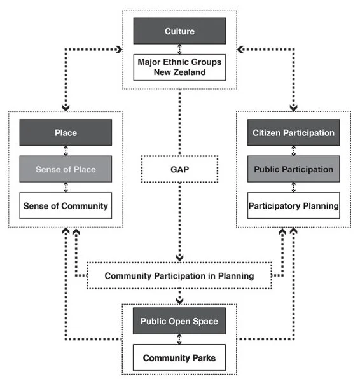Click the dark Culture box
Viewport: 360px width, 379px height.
tap(179, 31)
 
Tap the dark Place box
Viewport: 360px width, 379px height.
tap(66, 133)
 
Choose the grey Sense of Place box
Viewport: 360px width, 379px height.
tap(66, 169)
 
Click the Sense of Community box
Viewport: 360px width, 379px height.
tap(66, 205)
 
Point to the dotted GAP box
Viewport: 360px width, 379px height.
tap(180, 170)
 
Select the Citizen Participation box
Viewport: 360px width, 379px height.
tap(294, 133)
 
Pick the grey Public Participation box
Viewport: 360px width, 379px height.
tap(294, 169)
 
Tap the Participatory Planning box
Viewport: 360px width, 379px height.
tap(294, 205)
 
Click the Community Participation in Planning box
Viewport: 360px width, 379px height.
tap(179, 276)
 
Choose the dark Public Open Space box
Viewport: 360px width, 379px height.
tap(179, 321)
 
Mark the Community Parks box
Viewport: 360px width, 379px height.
tap(179, 358)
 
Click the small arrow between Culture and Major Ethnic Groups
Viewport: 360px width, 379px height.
tap(179, 49)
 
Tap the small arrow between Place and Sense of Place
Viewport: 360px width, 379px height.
tap(66, 151)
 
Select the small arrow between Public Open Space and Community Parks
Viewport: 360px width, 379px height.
tap(179, 340)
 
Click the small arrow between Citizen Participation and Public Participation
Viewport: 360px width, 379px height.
tap(294, 151)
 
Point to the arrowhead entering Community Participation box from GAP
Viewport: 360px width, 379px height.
tap(180, 258)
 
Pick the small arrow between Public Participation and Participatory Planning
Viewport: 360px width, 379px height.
tap(294, 188)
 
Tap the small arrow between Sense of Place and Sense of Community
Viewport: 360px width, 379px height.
tap(66, 188)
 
